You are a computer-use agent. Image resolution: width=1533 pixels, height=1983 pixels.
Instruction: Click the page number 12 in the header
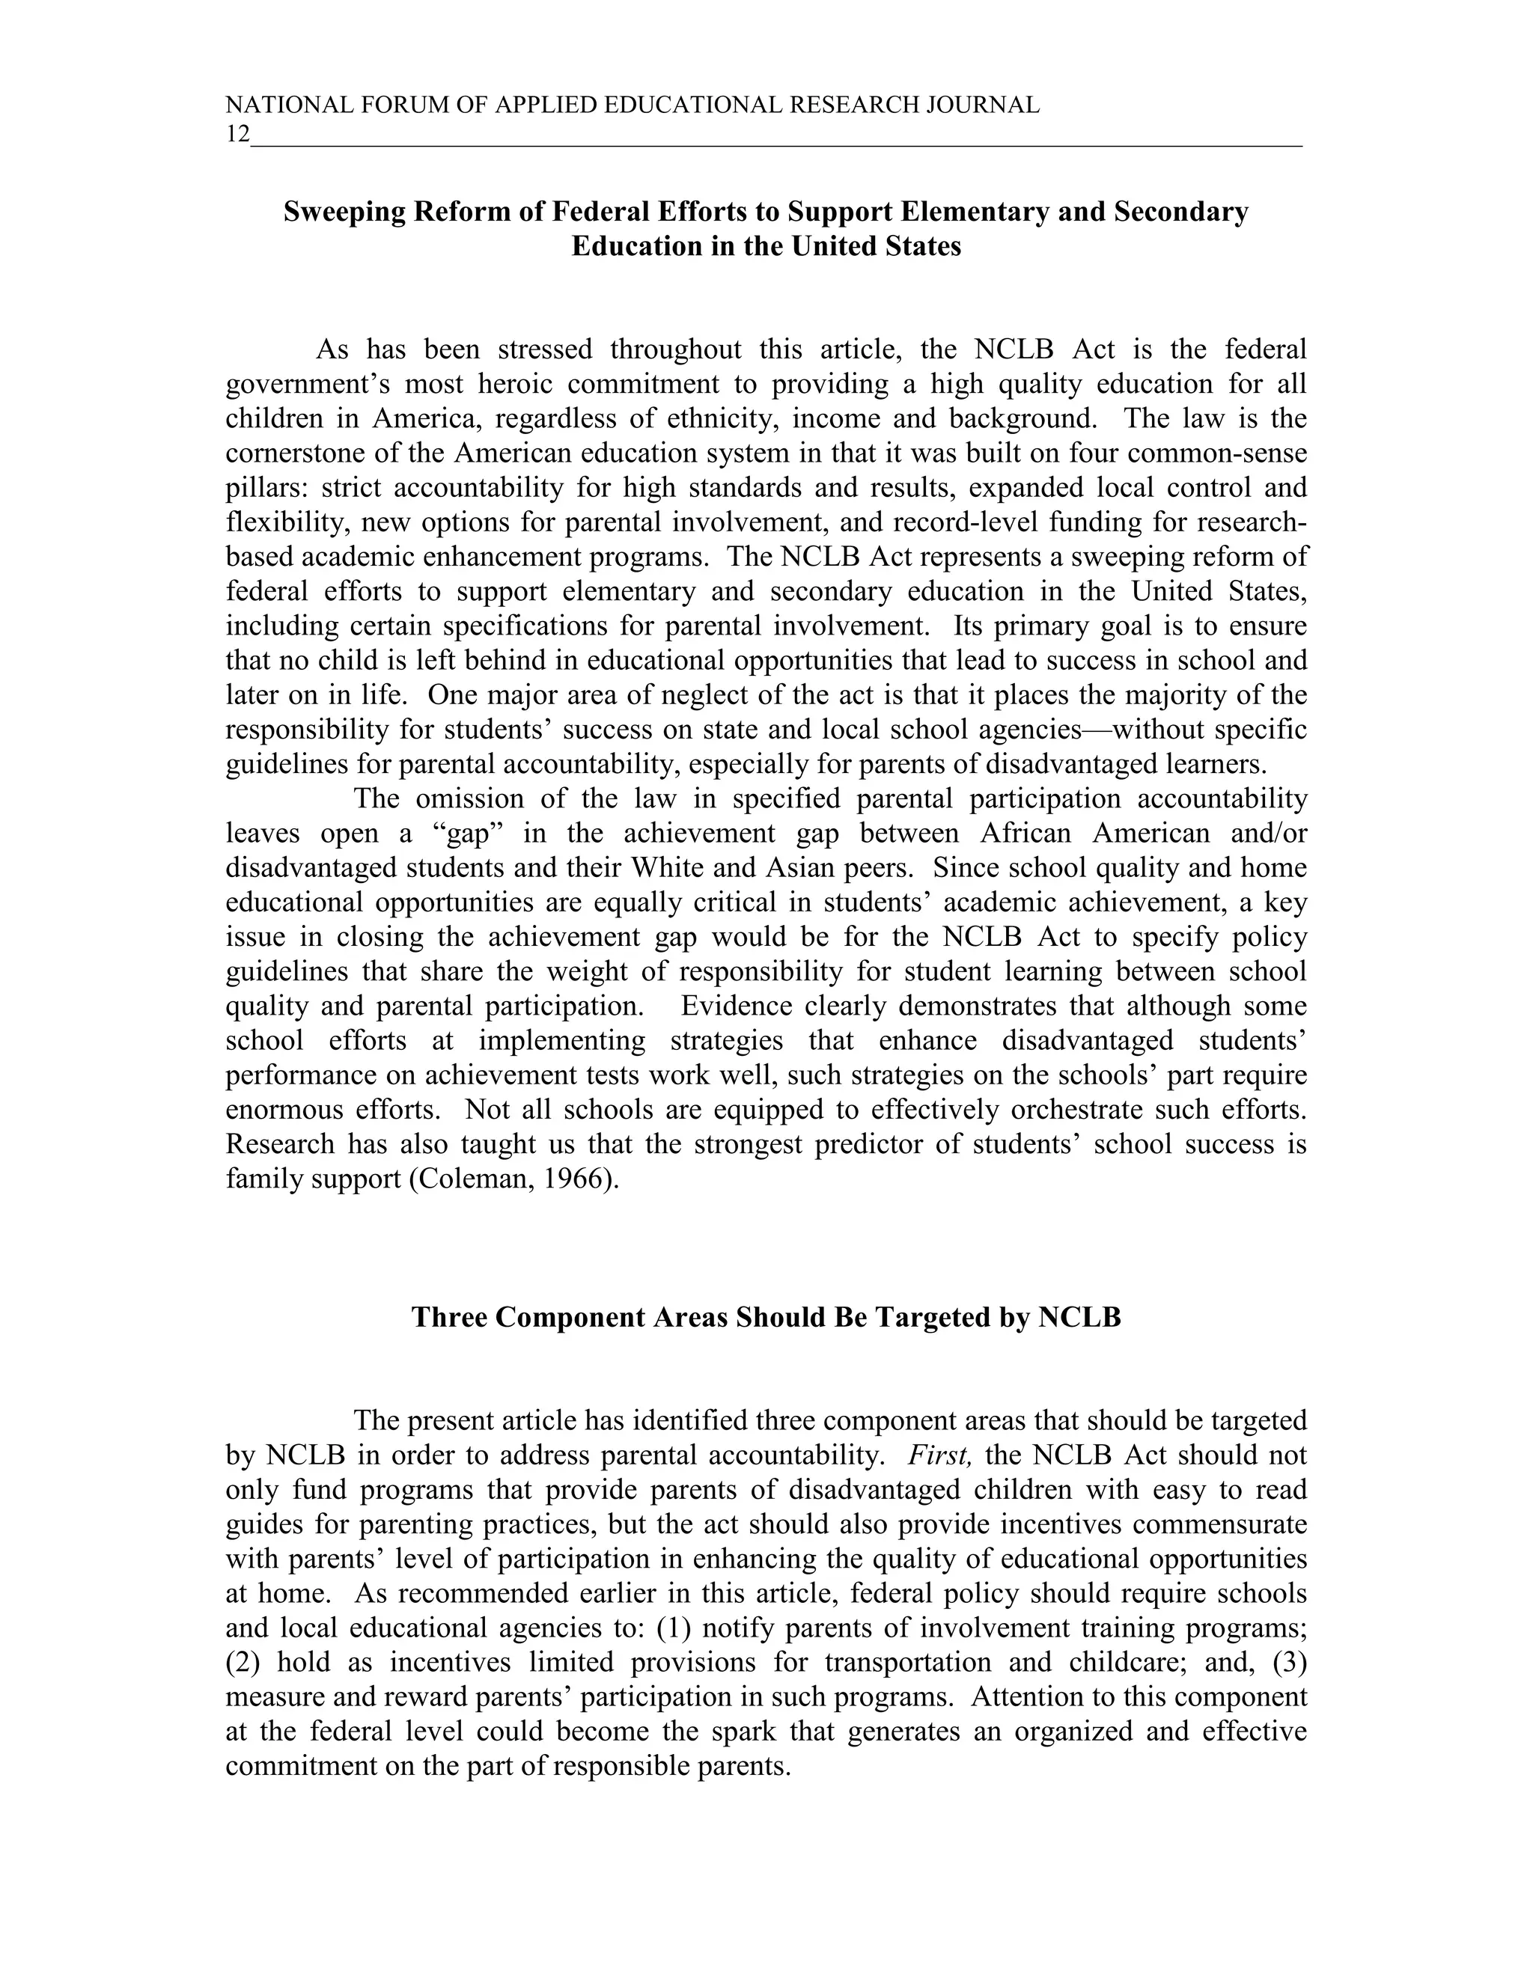coord(237,135)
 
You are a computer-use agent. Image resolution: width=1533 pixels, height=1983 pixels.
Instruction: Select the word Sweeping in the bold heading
coord(344,212)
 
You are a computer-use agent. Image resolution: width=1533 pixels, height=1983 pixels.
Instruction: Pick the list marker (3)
coord(1289,1663)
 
